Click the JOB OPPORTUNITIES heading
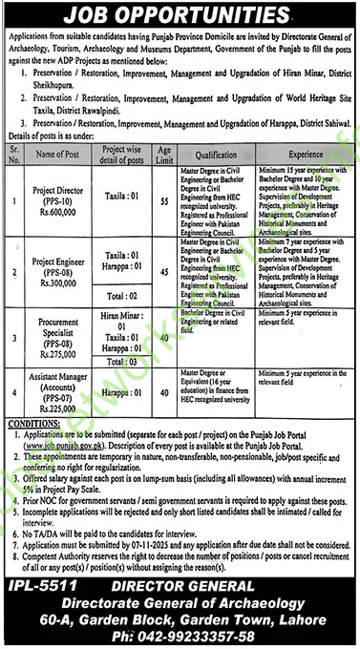click(x=180, y=16)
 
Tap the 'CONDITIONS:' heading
click(x=35, y=425)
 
